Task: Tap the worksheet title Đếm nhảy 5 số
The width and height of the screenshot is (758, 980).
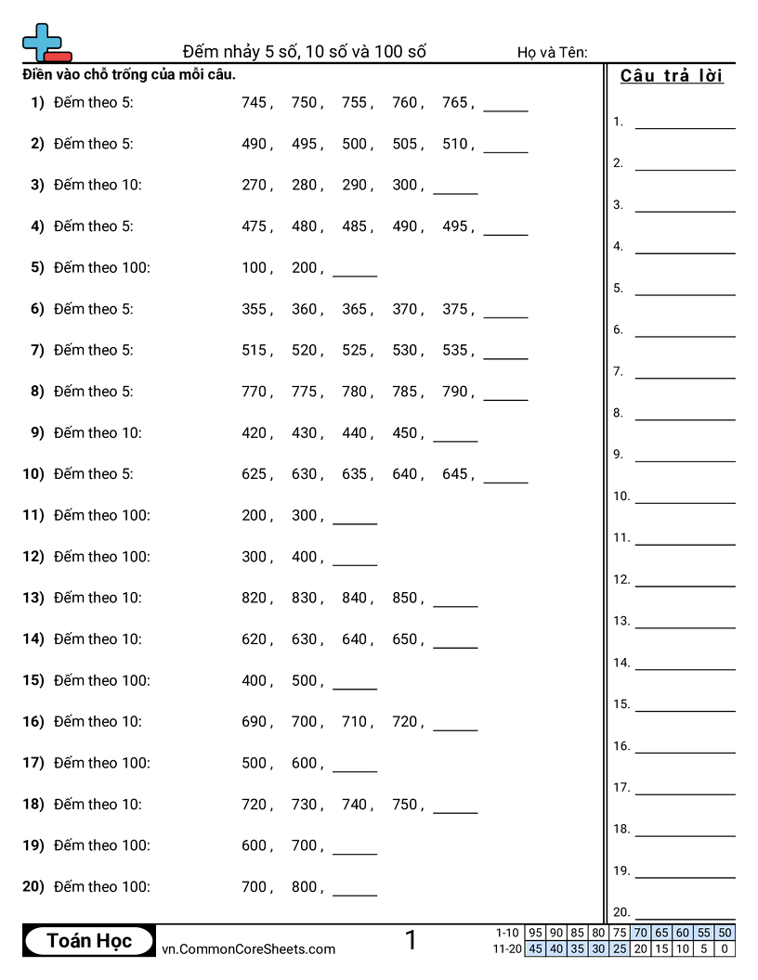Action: tap(304, 51)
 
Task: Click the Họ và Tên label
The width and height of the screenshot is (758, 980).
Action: tap(552, 53)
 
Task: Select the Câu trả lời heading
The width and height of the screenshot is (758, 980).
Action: tap(672, 76)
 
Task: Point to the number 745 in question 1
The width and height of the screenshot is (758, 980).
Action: tap(254, 103)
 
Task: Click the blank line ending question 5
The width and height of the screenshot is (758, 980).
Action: tap(355, 275)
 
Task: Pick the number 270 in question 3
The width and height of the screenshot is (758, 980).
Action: tap(254, 185)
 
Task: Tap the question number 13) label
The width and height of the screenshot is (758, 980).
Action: tap(33, 598)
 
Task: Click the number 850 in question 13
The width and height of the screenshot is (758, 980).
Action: tap(405, 598)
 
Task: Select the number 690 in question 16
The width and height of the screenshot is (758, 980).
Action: tap(254, 721)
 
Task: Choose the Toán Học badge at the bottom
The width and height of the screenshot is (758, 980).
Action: tap(89, 941)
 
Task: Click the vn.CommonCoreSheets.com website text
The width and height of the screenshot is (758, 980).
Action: tap(248, 948)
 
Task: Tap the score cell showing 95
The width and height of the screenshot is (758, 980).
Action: tap(535, 933)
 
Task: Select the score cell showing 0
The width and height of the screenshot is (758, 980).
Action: tap(725, 948)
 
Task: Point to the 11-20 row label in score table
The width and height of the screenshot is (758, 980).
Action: tap(507, 948)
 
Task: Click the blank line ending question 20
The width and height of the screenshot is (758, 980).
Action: tap(355, 894)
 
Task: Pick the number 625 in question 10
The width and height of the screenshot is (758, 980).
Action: tap(254, 474)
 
